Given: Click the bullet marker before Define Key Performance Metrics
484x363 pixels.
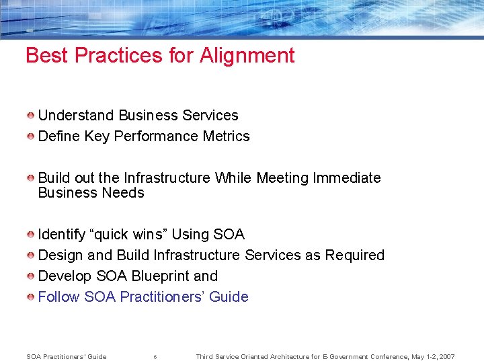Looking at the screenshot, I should (x=31, y=136).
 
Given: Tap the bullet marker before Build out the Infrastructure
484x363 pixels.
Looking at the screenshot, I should (x=31, y=178).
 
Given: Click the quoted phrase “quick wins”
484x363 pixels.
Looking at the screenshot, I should (x=130, y=235).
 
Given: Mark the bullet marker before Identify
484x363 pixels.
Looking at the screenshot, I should (x=31, y=235).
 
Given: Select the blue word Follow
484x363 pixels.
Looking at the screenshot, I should (x=58, y=297).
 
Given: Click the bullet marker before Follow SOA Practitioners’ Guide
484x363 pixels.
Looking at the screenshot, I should (x=31, y=297).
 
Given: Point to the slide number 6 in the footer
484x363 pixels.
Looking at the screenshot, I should (x=155, y=357).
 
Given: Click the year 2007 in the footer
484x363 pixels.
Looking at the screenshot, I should (x=445, y=356).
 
